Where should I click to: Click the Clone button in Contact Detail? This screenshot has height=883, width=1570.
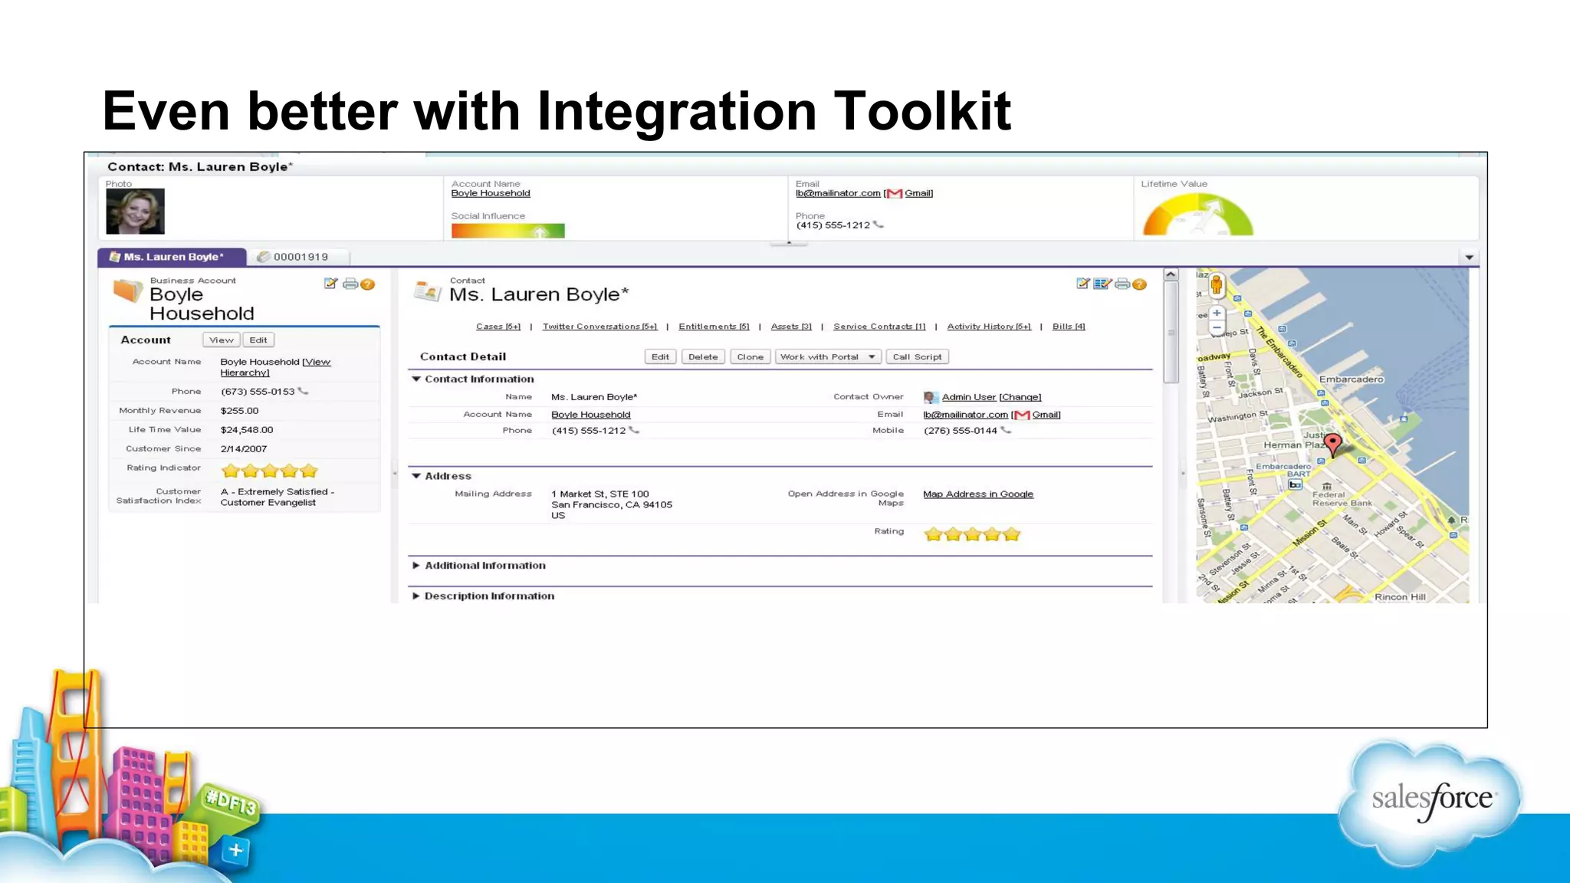tap(750, 357)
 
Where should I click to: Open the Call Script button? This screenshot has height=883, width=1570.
tap(917, 357)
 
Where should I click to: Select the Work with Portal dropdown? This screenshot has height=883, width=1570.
tap(827, 357)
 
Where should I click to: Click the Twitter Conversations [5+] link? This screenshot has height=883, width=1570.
tap(599, 327)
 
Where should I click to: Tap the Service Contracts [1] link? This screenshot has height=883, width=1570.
tap(879, 327)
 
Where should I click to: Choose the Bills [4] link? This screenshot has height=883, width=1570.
tap(1069, 327)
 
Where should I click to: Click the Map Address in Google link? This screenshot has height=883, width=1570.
tap(977, 494)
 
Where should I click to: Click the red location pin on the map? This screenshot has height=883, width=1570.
tap(1333, 443)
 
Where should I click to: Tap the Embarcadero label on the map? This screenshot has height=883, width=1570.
tap(1351, 379)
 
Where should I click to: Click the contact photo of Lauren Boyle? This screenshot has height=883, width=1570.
tap(135, 212)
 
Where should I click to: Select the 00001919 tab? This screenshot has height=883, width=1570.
tap(300, 257)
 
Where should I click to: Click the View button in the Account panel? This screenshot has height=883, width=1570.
tap(222, 340)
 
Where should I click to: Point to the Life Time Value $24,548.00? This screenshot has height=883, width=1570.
tap(246, 430)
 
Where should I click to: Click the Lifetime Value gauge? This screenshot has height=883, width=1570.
tap(1197, 216)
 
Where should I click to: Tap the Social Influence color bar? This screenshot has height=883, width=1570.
tap(507, 231)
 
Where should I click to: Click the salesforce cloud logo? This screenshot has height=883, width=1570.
tap(1430, 802)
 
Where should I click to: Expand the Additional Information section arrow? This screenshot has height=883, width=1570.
tap(415, 566)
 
